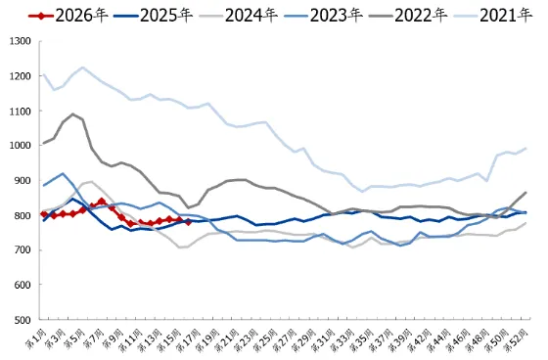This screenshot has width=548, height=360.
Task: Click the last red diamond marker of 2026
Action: click(x=187, y=221)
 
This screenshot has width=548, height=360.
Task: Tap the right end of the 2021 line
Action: click(x=526, y=149)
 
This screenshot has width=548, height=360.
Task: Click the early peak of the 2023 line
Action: click(x=64, y=174)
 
